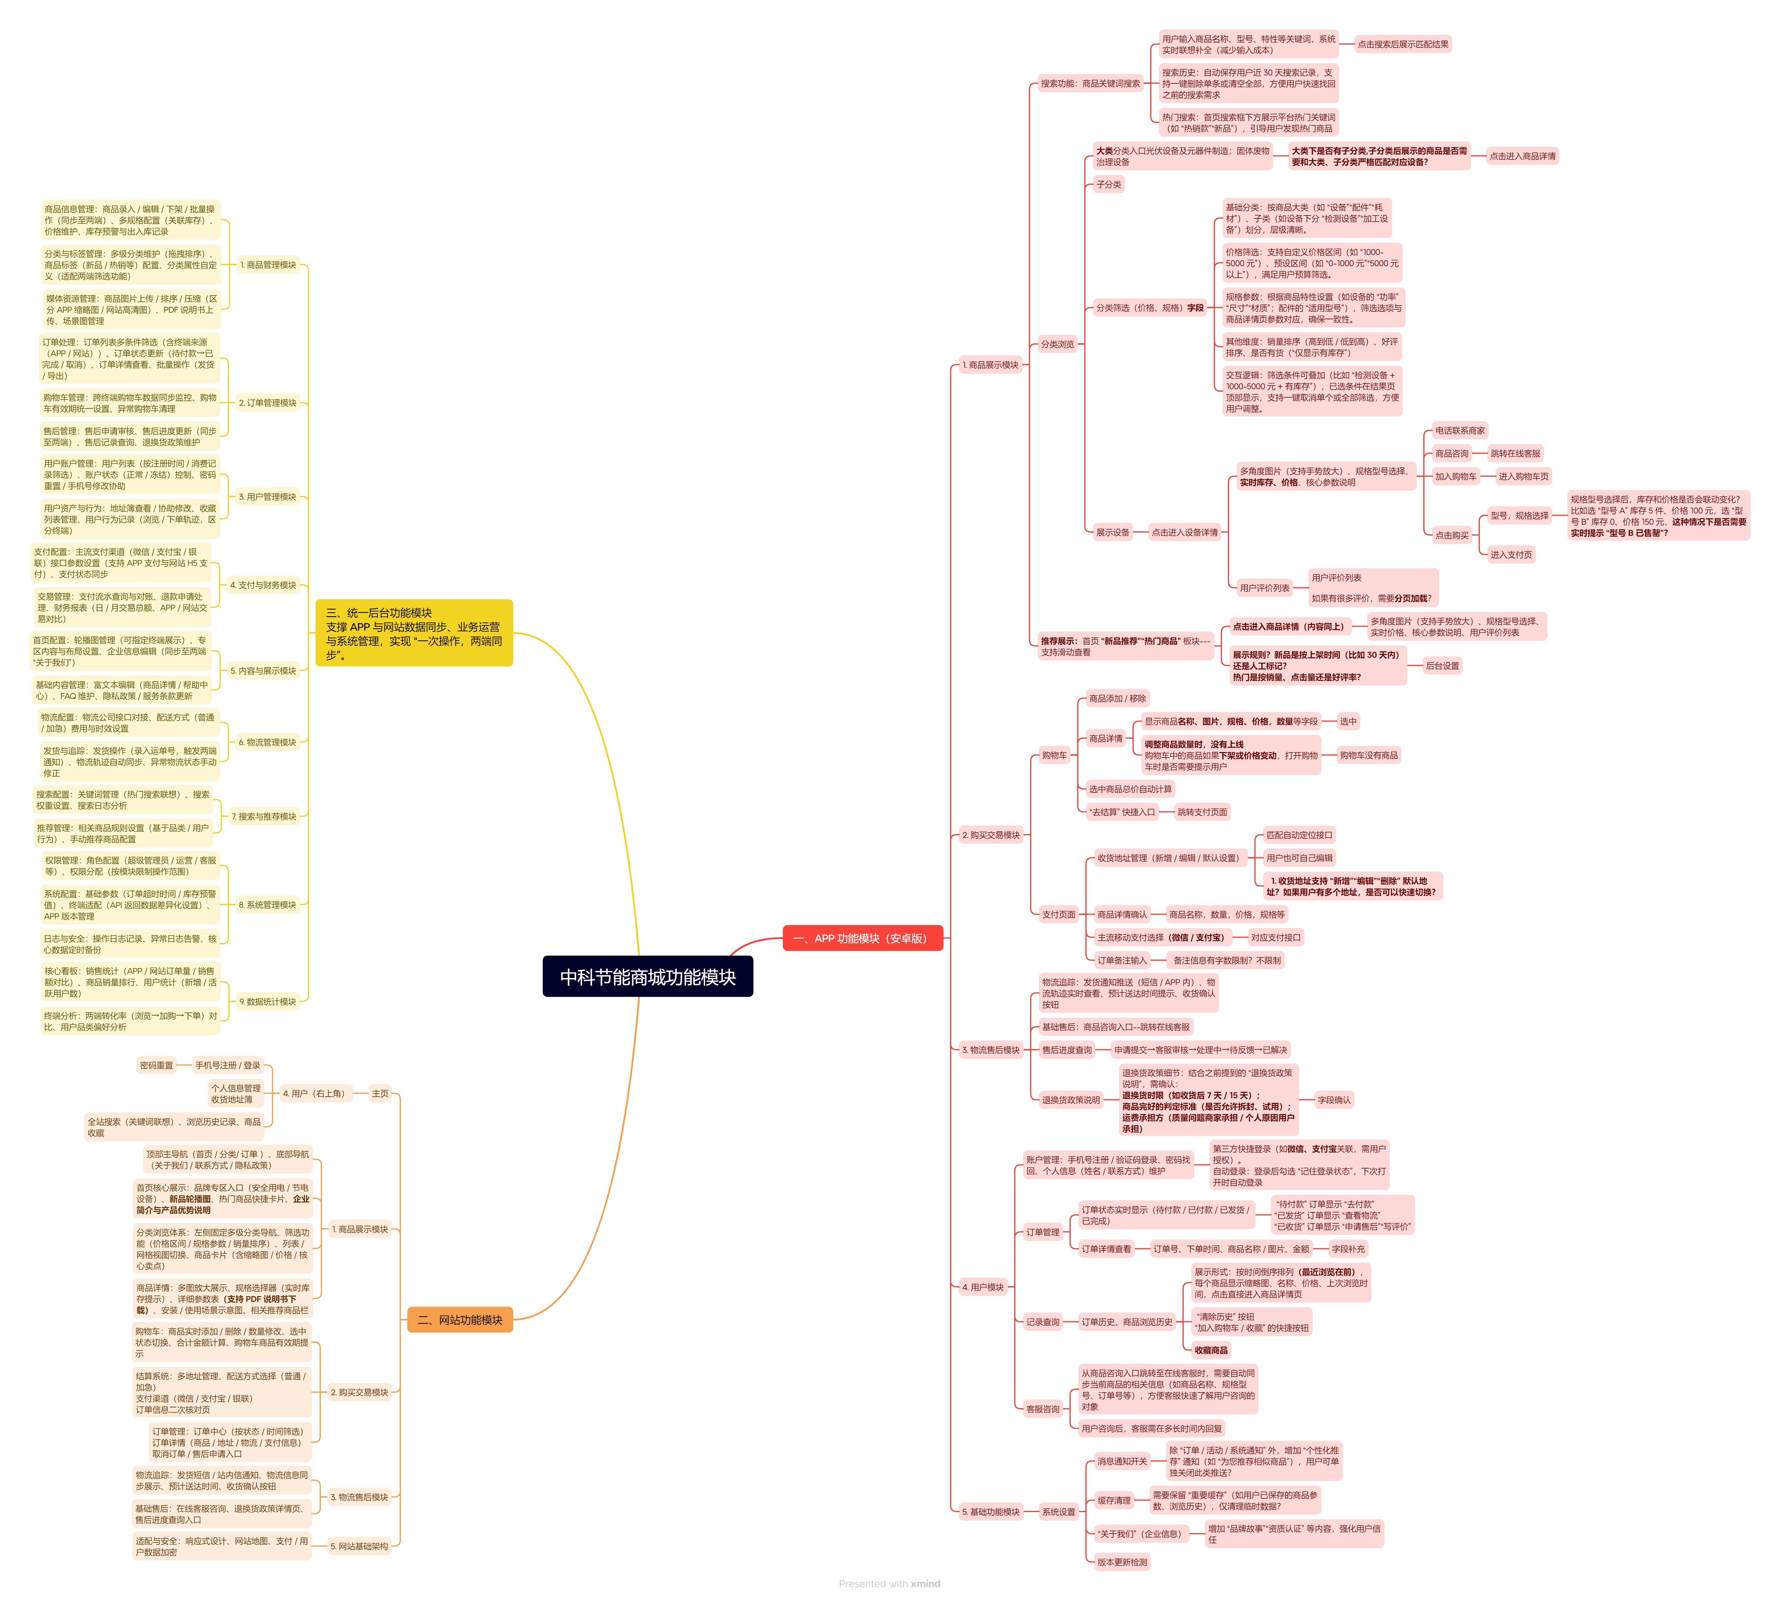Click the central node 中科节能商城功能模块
pyautogui.click(x=647, y=977)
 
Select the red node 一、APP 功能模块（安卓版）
pyautogui.click(x=862, y=939)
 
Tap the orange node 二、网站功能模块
pyautogui.click(x=460, y=1320)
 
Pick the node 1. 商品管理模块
pyautogui.click(x=268, y=265)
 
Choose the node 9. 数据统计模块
pyautogui.click(x=268, y=1001)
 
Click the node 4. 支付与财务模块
pyautogui.click(x=263, y=585)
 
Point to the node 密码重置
pyautogui.click(x=157, y=1065)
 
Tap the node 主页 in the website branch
pyautogui.click(x=380, y=1093)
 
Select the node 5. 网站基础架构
pyautogui.click(x=359, y=1546)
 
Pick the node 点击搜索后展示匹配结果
pyautogui.click(x=1403, y=44)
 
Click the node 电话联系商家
pyautogui.click(x=1460, y=430)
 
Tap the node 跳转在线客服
pyautogui.click(x=1515, y=453)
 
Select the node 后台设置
pyautogui.click(x=1442, y=666)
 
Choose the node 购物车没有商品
pyautogui.click(x=1369, y=755)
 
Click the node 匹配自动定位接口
pyautogui.click(x=1299, y=835)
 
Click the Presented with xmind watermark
pyautogui.click(x=889, y=1583)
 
